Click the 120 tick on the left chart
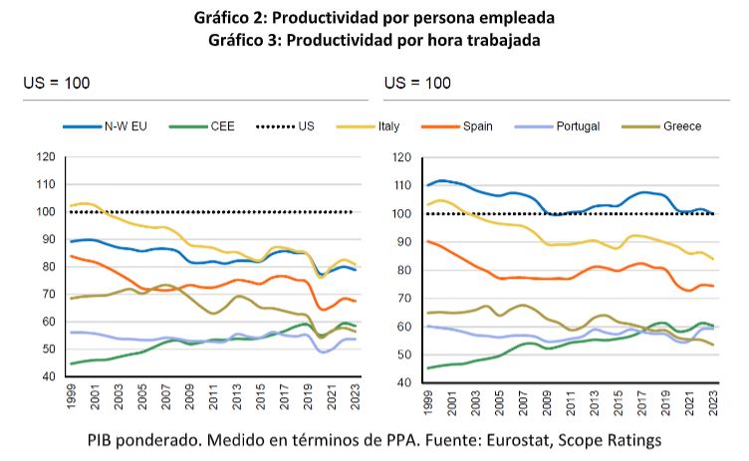click(x=45, y=156)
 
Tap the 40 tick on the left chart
click(x=48, y=376)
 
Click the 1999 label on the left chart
click(x=70, y=394)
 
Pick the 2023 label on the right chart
click(x=713, y=400)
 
